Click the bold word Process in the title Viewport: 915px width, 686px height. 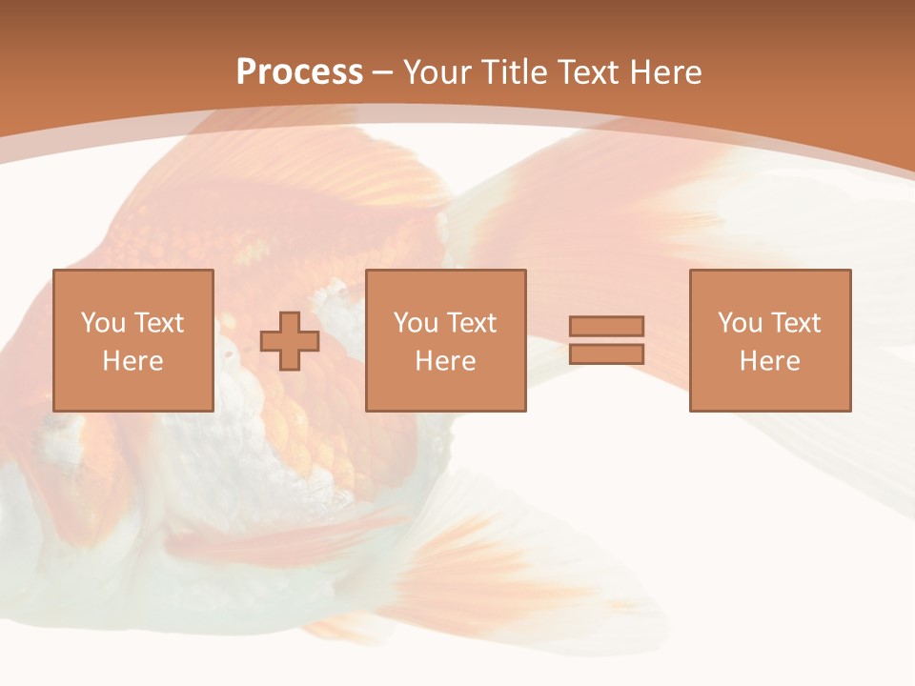click(x=299, y=72)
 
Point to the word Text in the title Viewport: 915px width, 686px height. click(x=588, y=72)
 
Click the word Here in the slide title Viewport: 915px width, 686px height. click(x=666, y=72)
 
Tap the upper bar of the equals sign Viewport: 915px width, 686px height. click(x=606, y=326)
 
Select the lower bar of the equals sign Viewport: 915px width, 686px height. click(x=606, y=353)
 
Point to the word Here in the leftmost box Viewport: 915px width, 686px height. click(x=132, y=361)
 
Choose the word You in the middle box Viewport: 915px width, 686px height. click(x=416, y=323)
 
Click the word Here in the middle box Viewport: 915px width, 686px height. click(x=445, y=361)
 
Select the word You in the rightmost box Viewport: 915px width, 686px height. click(x=740, y=323)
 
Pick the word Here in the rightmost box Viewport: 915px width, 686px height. click(x=769, y=361)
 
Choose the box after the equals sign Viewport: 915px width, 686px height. click(x=769, y=391)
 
